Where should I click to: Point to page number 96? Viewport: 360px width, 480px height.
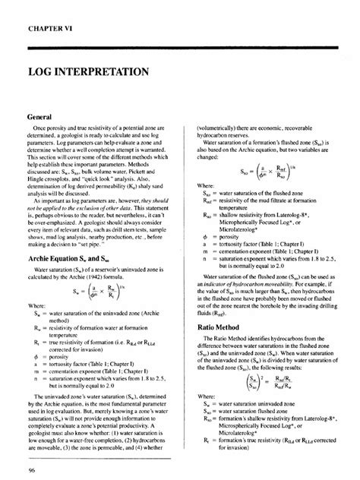(x=31, y=470)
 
